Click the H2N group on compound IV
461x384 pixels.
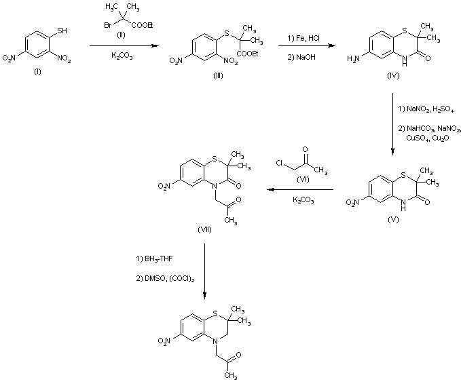pyautogui.click(x=354, y=58)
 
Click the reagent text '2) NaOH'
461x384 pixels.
pyautogui.click(x=300, y=56)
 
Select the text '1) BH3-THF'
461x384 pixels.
pyautogui.click(x=155, y=258)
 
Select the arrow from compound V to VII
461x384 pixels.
pyautogui.click(x=299, y=191)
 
